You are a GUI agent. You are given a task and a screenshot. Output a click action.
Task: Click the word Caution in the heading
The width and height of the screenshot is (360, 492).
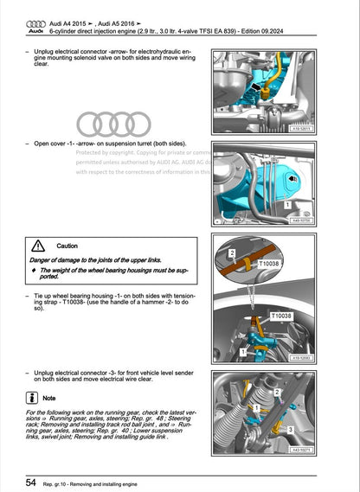[x=67, y=246]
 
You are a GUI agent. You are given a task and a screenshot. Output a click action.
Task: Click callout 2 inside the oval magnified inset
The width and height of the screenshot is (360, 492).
[x=233, y=252]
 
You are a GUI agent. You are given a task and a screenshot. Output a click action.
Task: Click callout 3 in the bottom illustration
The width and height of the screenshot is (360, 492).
[x=290, y=429]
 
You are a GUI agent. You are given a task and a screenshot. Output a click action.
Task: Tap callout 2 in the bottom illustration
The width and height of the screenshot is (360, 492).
[x=276, y=392]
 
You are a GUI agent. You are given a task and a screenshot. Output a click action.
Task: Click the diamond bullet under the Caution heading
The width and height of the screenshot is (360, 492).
[x=33, y=271]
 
